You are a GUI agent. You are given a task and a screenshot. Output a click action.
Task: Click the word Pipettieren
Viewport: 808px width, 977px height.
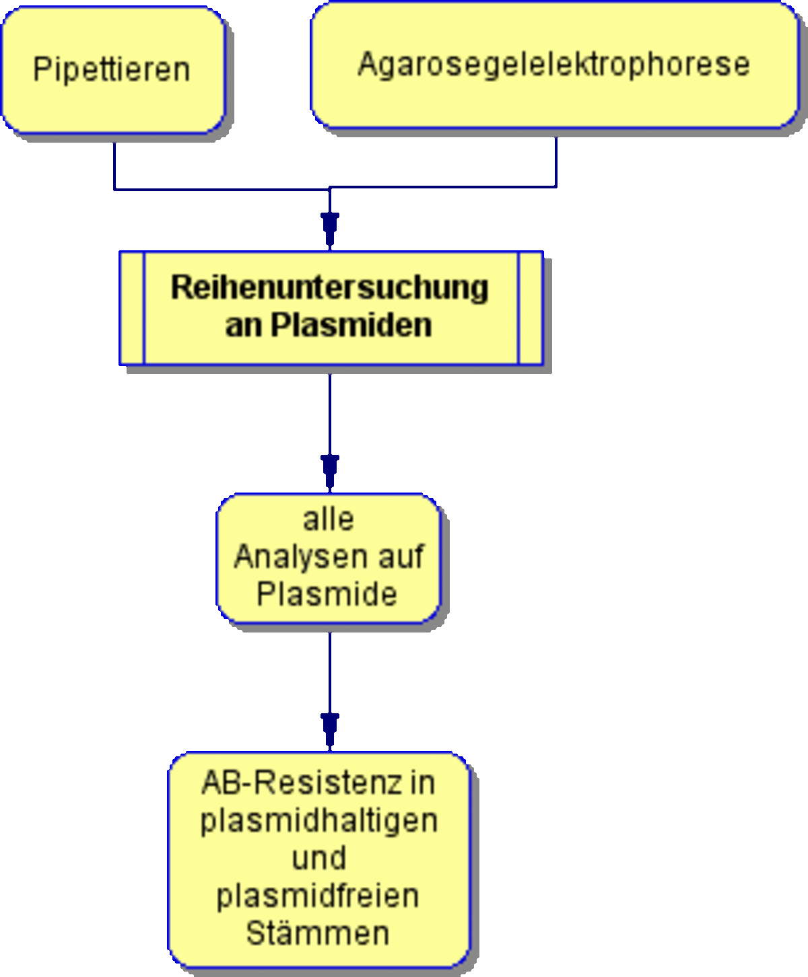pos(112,70)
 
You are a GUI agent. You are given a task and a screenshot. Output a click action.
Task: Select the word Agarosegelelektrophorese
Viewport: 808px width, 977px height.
pos(553,65)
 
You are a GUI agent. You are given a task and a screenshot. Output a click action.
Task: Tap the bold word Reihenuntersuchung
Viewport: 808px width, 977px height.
pos(330,287)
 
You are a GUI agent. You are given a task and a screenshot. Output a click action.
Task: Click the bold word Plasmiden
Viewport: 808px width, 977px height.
pos(351,325)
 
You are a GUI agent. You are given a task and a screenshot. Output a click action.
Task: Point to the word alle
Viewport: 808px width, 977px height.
pos(329,519)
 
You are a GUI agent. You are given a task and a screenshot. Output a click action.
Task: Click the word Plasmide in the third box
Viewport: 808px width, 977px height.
pos(327,594)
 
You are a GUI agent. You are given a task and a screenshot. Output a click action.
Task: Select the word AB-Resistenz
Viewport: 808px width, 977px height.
pos(302,783)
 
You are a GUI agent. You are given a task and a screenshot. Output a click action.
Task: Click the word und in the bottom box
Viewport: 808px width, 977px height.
pos(319,858)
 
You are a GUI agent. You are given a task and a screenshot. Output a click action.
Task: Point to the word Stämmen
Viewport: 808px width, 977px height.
pos(318,933)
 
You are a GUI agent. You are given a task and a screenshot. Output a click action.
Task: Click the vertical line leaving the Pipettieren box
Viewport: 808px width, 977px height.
pos(114,166)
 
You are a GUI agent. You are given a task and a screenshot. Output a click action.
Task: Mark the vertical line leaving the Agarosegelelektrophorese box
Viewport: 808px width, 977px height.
pos(556,162)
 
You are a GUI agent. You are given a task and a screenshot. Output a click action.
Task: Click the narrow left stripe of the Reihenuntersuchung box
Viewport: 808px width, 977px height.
pos(132,308)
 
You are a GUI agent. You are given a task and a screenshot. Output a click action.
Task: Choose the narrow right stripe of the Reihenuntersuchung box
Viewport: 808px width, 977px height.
pos(531,308)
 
